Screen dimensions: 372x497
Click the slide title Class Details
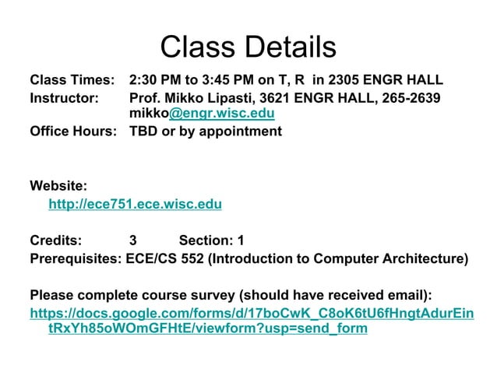[x=248, y=47]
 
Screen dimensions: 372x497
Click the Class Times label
[x=72, y=80]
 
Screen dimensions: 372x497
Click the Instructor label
[x=64, y=98]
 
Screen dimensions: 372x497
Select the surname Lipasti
[x=226, y=98]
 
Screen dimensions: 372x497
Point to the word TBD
[x=143, y=132]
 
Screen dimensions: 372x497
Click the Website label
[x=58, y=186]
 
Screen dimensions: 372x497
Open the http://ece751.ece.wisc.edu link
[x=135, y=205]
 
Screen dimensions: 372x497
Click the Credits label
[x=55, y=240]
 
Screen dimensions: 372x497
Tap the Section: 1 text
[x=211, y=240]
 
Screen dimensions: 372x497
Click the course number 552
[x=192, y=259]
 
